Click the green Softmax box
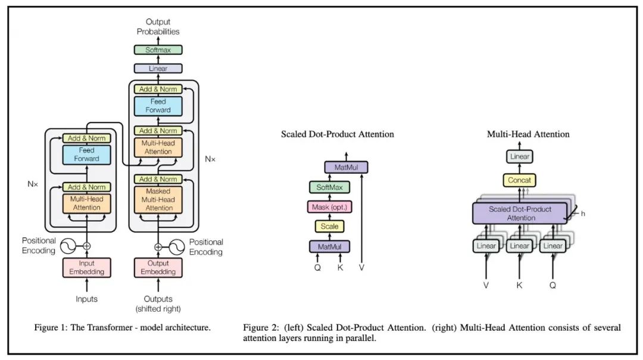coord(158,50)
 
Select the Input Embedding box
coord(87,268)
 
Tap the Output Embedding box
coord(158,268)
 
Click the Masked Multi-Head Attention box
coord(158,199)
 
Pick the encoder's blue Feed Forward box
coord(87,155)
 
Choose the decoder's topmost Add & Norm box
coord(158,89)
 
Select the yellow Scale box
coord(329,226)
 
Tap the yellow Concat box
coord(519,180)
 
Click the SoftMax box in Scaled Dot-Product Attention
coord(329,187)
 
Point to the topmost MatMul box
coord(346,167)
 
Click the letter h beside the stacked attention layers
coord(583,213)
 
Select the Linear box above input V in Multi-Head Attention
coord(486,246)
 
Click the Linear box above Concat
coord(519,157)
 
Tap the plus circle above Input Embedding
coord(87,245)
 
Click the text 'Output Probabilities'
coord(158,27)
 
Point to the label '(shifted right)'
coord(158,309)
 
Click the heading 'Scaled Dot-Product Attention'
coord(338,134)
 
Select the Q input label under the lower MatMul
coord(317,267)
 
